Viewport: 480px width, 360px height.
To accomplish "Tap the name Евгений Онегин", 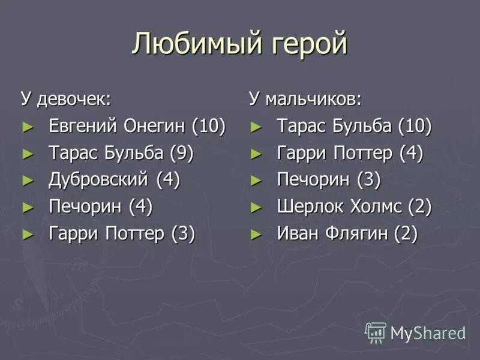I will pos(118,126).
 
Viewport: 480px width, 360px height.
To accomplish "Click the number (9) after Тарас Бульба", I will pos(181,153).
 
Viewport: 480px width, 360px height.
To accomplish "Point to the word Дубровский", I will pos(100,179).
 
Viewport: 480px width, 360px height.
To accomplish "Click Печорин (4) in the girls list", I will pos(100,206).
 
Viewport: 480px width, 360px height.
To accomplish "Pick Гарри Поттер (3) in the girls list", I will pos(122,233).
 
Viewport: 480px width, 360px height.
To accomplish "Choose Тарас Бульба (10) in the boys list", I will pos(354,126).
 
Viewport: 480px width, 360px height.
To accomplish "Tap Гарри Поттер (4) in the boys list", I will pos(350,153).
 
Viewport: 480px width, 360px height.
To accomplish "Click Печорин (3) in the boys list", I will pos(329,179).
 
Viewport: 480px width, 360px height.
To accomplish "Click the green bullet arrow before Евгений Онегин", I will pos(26,127).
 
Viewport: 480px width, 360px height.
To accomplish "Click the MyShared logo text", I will pos(428,332).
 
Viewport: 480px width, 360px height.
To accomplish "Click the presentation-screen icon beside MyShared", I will pos(376,332).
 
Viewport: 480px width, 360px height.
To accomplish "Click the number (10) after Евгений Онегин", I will pos(209,126).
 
